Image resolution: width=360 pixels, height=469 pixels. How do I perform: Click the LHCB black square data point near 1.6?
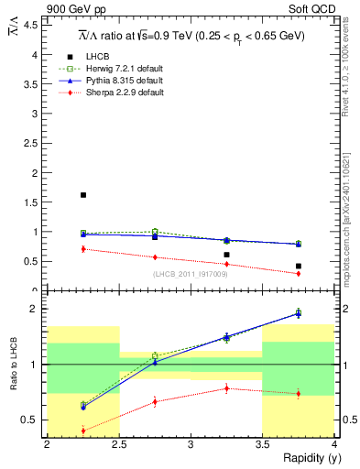click(x=83, y=195)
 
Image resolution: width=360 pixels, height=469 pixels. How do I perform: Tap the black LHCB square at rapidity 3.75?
click(x=299, y=266)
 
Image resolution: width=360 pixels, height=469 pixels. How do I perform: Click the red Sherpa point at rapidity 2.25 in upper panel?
click(x=83, y=248)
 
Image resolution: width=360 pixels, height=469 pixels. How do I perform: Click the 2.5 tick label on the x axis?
click(x=118, y=443)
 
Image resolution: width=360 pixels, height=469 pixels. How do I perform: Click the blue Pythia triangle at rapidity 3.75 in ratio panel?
click(x=299, y=313)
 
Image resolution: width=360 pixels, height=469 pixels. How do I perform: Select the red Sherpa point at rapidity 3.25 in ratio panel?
click(x=227, y=388)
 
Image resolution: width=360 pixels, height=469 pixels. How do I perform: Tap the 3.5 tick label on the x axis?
click(x=262, y=443)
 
